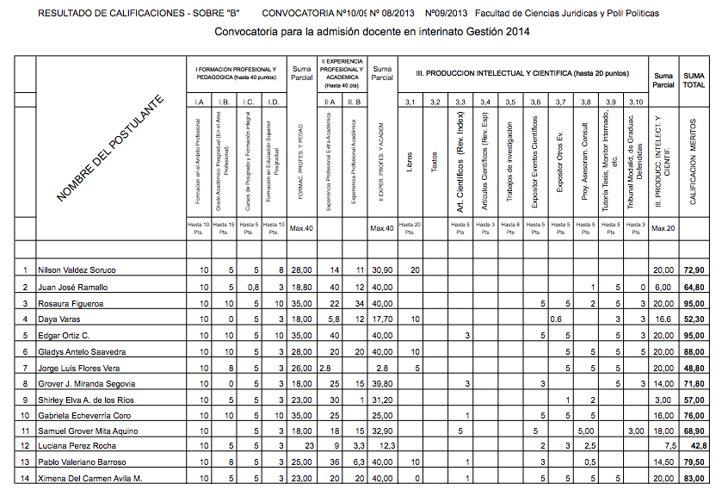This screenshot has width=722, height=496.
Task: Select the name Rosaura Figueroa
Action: pyautogui.click(x=71, y=303)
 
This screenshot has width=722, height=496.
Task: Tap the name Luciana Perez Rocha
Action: pyautogui.click(x=74, y=445)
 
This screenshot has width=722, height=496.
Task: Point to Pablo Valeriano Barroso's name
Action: pyautogui.click(x=79, y=462)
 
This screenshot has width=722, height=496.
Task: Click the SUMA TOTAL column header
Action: pyautogui.click(x=694, y=79)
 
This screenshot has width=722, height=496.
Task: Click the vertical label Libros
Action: pyautogui.click(x=410, y=161)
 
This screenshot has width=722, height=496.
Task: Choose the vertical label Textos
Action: pyautogui.click(x=435, y=161)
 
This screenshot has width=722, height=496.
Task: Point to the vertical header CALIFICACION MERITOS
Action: pyautogui.click(x=694, y=162)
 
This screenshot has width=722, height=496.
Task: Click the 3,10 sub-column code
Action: pyautogui.click(x=635, y=103)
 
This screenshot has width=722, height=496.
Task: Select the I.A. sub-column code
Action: pyautogui.click(x=199, y=103)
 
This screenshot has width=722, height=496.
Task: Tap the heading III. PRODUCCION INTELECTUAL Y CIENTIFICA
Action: pyautogui.click(x=528, y=74)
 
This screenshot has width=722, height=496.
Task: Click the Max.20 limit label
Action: pyautogui.click(x=663, y=227)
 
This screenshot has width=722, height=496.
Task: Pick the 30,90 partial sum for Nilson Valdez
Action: pyautogui.click(x=381, y=270)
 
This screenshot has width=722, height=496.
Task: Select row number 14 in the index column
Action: pyautogui.click(x=25, y=477)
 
